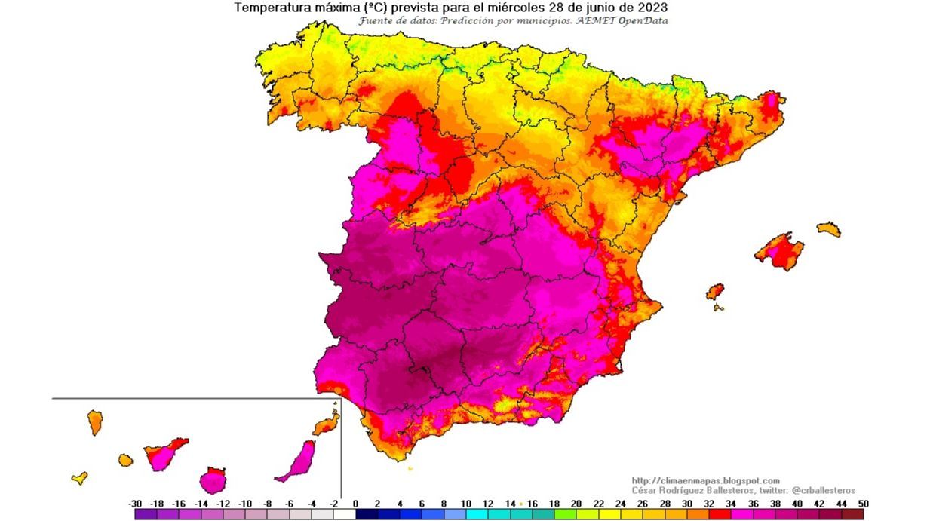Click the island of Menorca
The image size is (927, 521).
click(x=828, y=229)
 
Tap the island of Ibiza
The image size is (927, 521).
click(x=714, y=291)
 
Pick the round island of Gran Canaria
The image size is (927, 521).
click(x=213, y=480)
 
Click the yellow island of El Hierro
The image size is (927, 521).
click(x=79, y=477)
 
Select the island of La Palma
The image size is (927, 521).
click(x=95, y=422)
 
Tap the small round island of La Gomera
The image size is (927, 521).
click(x=125, y=459)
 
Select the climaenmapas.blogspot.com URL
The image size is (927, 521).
click(x=705, y=480)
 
